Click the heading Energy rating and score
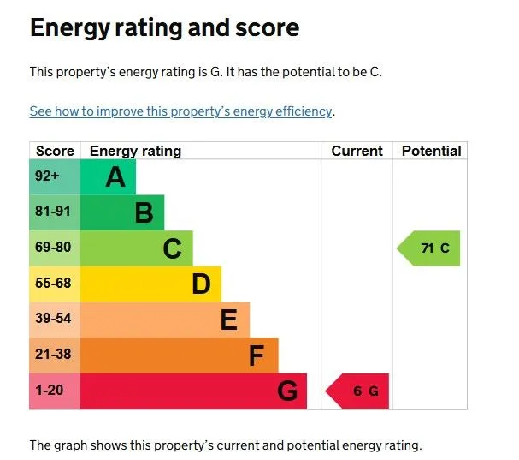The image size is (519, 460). tap(164, 28)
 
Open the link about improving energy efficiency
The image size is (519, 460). tap(180, 111)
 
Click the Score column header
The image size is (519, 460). tap(55, 151)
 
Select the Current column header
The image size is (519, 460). tap(357, 151)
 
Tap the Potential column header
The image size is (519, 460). tap(431, 151)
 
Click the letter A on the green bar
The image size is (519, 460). tap(115, 177)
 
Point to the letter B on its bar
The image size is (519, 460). tap(144, 212)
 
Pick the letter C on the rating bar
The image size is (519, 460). tap(172, 248)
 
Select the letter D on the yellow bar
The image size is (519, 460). tap(201, 284)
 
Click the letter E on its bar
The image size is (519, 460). tap(228, 320)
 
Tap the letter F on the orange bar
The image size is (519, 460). tap(257, 355)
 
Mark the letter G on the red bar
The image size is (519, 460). tap(287, 391)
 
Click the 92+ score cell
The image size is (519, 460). tap(48, 177)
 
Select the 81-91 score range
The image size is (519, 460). tap(53, 212)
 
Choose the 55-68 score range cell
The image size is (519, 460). tap(53, 284)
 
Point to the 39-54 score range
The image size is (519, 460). tap(53, 320)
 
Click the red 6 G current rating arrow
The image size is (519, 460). tap(359, 391)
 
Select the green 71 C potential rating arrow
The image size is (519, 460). tap(430, 248)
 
